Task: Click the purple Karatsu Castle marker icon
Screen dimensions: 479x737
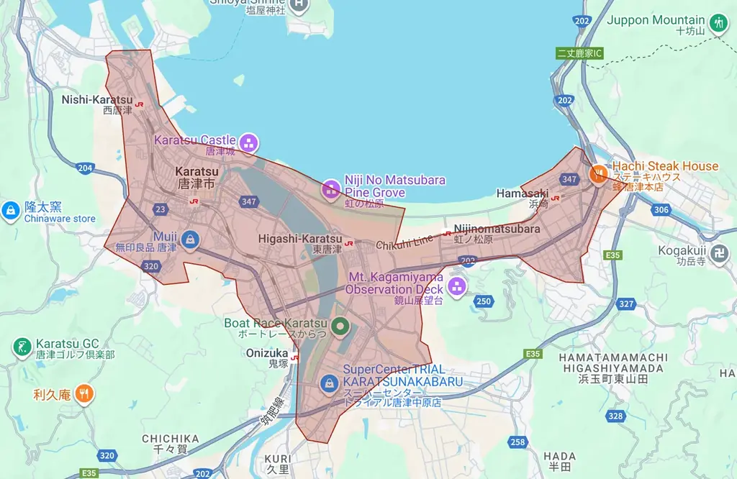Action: pos(249,142)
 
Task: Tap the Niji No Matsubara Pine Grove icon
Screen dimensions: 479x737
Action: pos(330,189)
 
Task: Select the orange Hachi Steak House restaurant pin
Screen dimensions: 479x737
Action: pos(598,173)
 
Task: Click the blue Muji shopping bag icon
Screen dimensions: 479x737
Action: pos(190,239)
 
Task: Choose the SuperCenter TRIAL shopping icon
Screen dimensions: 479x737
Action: pos(329,382)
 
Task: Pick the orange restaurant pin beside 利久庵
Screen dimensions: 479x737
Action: pos(85,393)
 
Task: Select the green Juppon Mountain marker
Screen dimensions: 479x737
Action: pos(717,24)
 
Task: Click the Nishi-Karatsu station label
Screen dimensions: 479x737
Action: pos(97,99)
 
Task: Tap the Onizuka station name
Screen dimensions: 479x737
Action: pos(266,353)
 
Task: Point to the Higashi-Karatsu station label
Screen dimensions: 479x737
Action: pos(300,238)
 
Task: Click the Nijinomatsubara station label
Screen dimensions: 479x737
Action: pos(497,229)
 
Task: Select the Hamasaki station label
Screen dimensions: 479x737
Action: pos(522,193)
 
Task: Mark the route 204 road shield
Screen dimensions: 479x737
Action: pos(86,168)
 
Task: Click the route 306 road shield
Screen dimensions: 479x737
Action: pos(661,210)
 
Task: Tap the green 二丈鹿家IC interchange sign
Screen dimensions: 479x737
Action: pos(579,53)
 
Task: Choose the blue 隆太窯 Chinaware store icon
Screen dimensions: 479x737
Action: pos(12,210)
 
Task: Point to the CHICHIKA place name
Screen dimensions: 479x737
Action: pos(170,438)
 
